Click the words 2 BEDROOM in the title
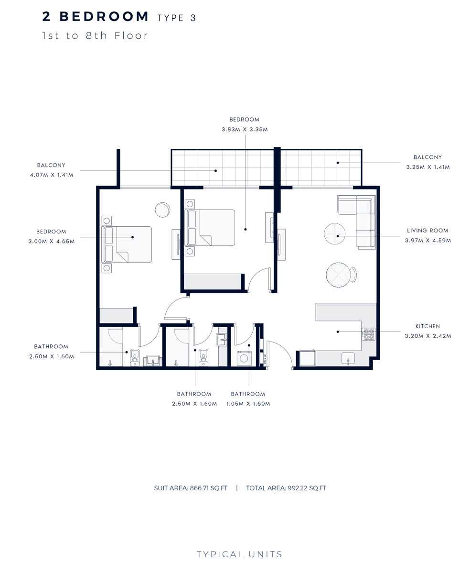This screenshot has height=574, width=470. point(96,17)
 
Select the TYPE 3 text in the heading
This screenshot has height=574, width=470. point(177,18)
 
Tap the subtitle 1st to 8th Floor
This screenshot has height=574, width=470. point(95,35)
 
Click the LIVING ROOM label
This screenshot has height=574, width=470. point(427,231)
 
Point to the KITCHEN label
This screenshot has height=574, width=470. point(427,326)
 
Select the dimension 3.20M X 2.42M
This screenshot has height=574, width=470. point(427,336)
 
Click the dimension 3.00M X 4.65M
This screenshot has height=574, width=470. point(52,242)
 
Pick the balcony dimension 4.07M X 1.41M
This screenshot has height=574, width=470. point(51,175)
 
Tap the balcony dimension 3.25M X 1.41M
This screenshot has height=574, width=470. point(427,167)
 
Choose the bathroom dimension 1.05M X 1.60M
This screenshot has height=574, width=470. point(248,404)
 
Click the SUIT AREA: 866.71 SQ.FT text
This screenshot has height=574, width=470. point(191,488)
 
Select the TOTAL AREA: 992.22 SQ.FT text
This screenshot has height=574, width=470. point(286,488)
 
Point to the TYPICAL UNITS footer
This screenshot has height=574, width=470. point(239,554)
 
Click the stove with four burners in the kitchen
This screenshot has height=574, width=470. point(368,334)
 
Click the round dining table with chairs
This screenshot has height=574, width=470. point(340,274)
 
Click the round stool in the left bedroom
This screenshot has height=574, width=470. point(162,210)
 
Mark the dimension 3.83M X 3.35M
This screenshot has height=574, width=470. point(244,129)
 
